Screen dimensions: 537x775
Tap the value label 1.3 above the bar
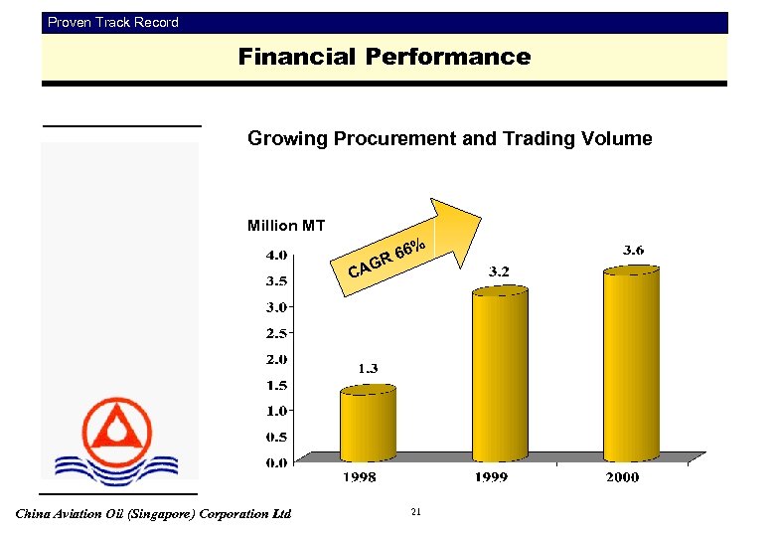point(368,369)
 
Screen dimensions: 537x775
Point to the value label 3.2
point(500,270)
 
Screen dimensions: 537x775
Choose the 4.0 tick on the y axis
point(276,255)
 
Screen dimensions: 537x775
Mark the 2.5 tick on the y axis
point(276,332)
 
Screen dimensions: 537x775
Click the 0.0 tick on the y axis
point(276,462)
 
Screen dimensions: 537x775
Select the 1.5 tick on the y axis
point(276,385)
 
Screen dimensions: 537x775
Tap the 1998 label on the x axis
point(360,478)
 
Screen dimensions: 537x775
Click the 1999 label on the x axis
point(490,478)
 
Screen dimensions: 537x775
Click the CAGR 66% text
point(387,260)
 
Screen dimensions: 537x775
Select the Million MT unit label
point(285,226)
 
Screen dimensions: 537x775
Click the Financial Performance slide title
point(385,58)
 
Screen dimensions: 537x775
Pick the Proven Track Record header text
point(113,22)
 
